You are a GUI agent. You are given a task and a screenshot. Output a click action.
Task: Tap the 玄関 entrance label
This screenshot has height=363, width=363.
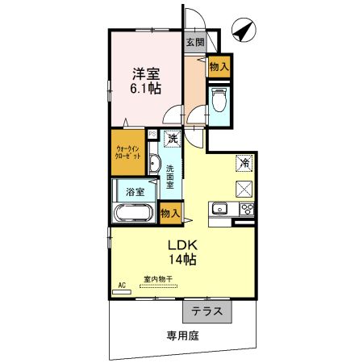coord(194,43)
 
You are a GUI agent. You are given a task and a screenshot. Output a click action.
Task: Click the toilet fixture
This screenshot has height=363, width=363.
coord(219,100)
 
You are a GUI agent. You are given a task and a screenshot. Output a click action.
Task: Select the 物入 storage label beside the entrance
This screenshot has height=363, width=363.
coord(219,67)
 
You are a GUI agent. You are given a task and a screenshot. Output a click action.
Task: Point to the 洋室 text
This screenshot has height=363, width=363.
coord(145,73)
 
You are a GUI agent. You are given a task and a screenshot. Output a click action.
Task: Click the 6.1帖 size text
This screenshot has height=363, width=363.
coord(145,89)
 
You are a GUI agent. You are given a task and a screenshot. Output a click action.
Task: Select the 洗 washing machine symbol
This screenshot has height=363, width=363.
coord(173,139)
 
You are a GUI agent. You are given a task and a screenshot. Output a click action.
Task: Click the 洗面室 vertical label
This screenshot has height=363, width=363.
coord(171,176)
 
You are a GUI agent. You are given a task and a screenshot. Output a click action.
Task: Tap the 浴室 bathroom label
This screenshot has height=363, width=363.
coord(135,192)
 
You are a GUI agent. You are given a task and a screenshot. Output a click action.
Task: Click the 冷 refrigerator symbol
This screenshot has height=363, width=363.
coord(244,163)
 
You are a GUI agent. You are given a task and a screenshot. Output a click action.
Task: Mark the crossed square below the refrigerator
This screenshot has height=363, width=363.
coord(244,189)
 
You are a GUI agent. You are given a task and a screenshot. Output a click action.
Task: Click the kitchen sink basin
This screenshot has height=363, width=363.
coord(219,211)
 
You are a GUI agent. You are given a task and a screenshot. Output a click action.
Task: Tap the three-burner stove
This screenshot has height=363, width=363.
coord(246,211)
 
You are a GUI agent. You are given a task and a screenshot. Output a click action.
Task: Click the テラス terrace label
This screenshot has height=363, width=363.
coord(207,311)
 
